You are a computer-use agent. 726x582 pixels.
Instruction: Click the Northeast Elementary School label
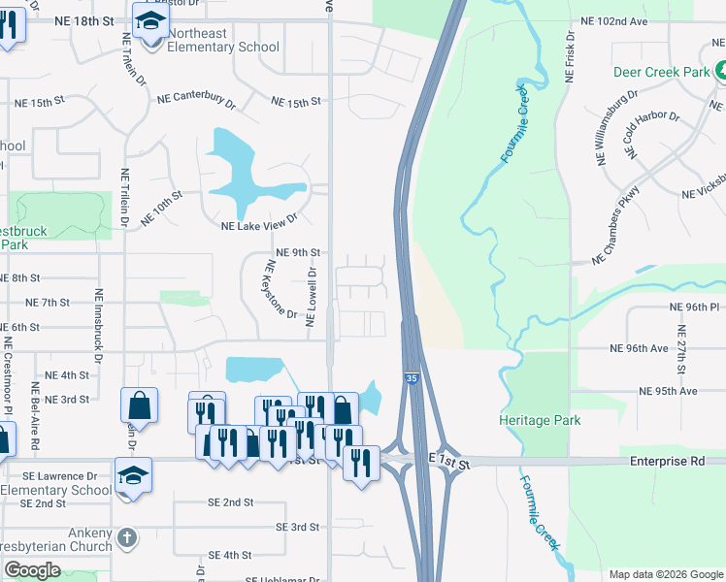(223, 40)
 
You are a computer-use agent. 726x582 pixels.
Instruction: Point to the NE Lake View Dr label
(258, 226)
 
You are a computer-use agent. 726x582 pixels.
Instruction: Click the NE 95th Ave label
(668, 391)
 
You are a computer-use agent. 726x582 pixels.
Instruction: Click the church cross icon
(126, 536)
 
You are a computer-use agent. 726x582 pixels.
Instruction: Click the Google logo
(32, 570)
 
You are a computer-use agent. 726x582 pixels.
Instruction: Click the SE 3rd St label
(297, 527)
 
